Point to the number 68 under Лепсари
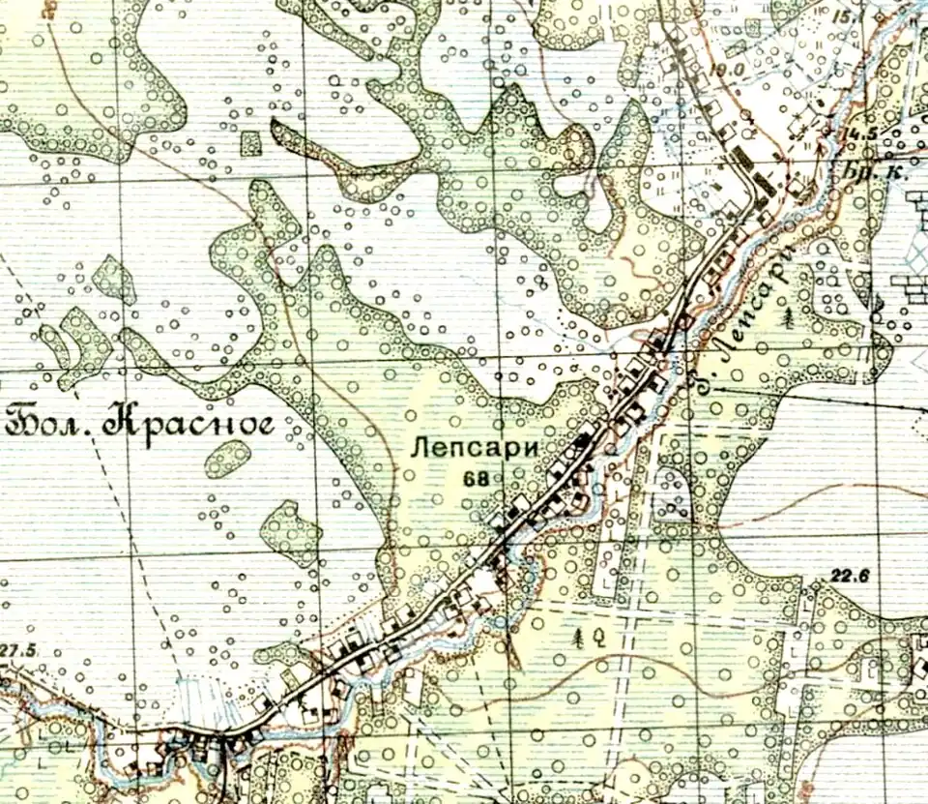click(x=475, y=477)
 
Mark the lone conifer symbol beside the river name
click(x=791, y=315)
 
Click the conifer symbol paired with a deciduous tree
click(x=580, y=637)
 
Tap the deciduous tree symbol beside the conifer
click(x=599, y=637)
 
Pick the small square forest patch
click(x=251, y=143)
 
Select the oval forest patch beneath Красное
click(x=227, y=459)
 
